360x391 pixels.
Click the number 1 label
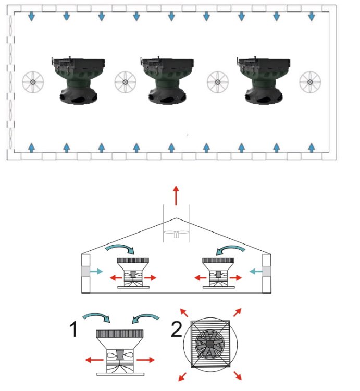pos(74,328)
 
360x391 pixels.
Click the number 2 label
pos(177,328)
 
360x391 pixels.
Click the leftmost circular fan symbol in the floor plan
pos(33,82)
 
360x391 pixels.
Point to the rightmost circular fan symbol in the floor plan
pos(310,82)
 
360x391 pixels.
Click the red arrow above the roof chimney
pos(176,195)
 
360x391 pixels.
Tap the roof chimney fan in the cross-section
pos(177,234)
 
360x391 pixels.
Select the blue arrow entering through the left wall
pos(96,271)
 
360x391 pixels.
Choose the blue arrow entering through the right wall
pos(256,271)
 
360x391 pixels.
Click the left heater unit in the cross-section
pos(133,273)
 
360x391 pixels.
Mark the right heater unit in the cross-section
pos(218,273)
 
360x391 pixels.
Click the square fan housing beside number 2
pos(210,344)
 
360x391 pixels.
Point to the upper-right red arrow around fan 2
pos(238,312)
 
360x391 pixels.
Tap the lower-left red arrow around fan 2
pos(183,376)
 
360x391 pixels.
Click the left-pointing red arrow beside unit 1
pos(94,360)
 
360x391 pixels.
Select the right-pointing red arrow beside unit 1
pos(146,360)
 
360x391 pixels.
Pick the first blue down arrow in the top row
pos(31,16)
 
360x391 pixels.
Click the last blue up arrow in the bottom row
pos(312,148)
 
